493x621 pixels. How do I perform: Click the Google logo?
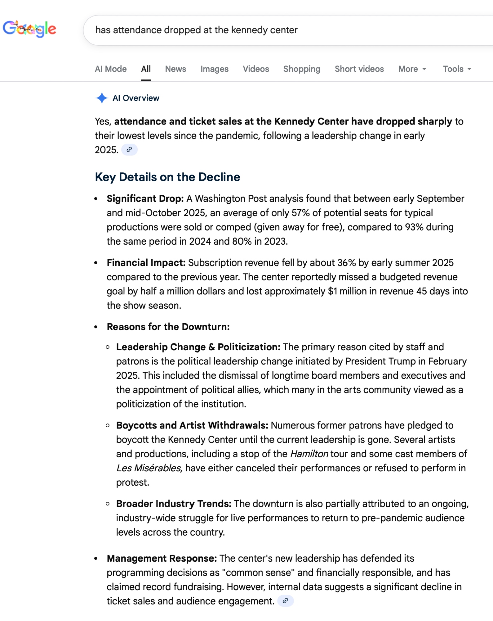point(29,29)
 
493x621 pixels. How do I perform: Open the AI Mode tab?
point(111,69)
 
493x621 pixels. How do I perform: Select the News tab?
point(175,69)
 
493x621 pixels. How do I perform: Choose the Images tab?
point(214,69)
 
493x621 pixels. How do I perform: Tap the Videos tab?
point(256,69)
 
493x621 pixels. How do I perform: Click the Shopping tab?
point(302,69)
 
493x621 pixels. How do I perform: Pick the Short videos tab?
point(359,69)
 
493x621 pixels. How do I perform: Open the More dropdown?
point(412,69)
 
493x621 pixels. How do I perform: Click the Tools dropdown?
point(457,69)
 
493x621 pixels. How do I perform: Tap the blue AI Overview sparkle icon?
point(102,98)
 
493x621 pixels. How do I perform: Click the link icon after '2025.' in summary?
point(129,150)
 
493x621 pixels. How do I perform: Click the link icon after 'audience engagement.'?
point(285,601)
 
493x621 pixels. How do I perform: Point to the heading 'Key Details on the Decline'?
point(167,177)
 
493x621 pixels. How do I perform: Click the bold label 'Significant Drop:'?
point(145,199)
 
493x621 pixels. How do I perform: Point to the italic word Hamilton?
point(309,454)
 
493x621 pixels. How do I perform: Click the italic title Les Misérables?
point(148,468)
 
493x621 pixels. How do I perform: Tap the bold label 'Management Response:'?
point(162,558)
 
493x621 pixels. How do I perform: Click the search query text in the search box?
point(196,30)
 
